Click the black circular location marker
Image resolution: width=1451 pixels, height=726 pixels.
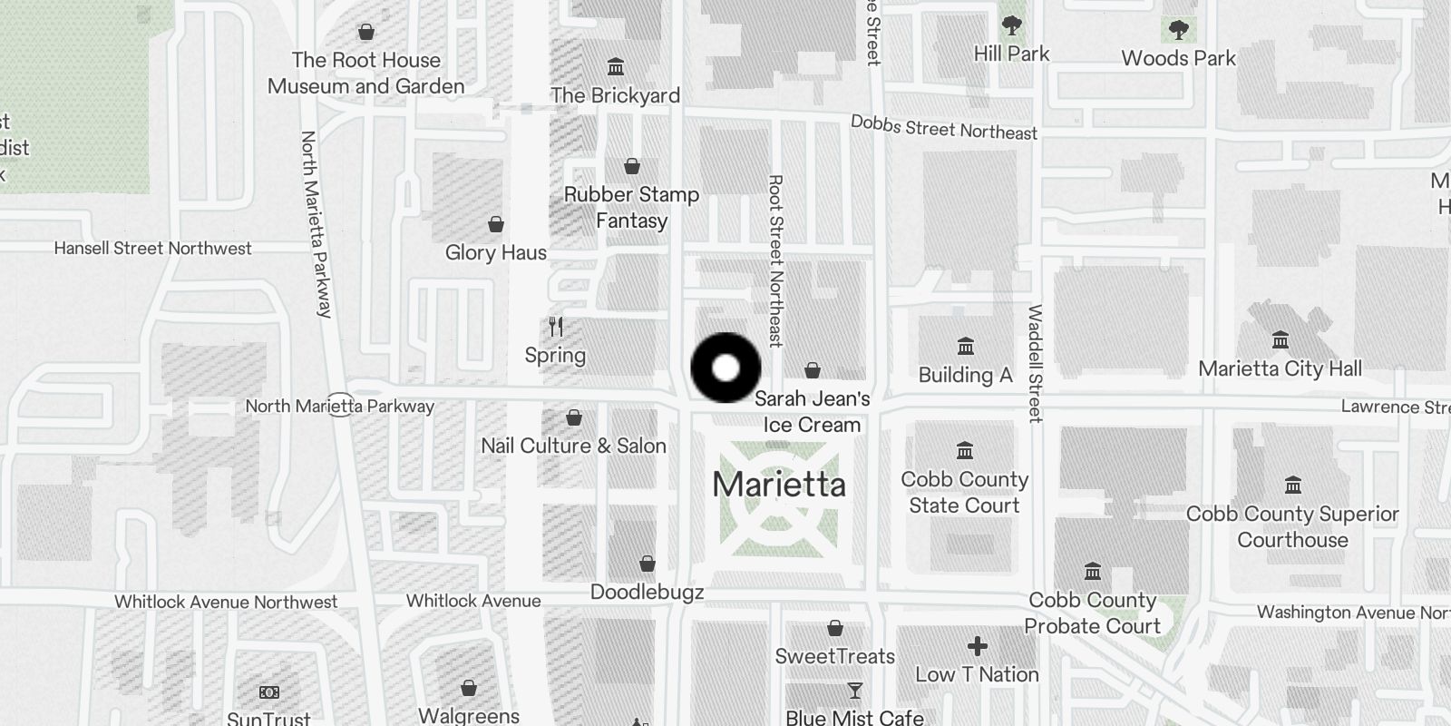click(x=725, y=368)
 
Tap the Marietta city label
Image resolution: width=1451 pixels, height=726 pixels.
click(x=779, y=484)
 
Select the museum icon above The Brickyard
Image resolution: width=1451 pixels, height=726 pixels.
click(x=616, y=67)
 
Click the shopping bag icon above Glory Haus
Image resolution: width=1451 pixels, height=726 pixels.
click(x=496, y=224)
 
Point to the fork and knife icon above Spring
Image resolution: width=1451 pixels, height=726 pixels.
click(x=556, y=327)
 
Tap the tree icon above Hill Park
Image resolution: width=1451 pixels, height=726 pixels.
click(x=1011, y=26)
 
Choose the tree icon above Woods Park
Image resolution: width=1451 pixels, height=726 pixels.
click(x=1178, y=31)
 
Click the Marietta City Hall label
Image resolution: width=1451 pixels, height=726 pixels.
click(x=1280, y=368)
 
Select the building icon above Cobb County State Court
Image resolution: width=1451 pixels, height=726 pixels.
click(x=965, y=450)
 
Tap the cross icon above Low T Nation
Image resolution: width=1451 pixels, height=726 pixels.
click(x=977, y=646)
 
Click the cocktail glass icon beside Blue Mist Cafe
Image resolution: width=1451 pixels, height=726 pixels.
click(x=854, y=692)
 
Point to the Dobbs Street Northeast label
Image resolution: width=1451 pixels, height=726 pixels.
click(x=943, y=128)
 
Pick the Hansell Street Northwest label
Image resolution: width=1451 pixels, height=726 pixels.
click(x=152, y=249)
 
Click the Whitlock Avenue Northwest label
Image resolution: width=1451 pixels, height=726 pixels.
click(x=226, y=602)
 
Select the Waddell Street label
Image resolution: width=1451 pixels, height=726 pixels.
click(x=1035, y=363)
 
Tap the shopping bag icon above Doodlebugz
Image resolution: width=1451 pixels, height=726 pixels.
click(x=648, y=564)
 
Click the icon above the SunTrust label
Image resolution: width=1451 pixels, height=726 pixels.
click(x=268, y=692)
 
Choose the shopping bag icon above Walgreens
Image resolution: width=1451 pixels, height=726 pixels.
click(x=469, y=687)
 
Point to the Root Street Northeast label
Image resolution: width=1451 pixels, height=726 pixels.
click(x=775, y=261)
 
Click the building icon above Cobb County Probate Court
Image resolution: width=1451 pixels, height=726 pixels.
click(x=1093, y=572)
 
